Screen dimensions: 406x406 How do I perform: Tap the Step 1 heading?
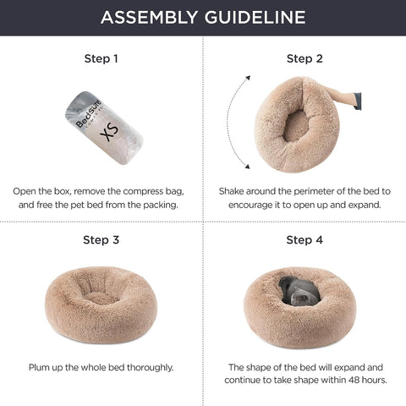coord(101,59)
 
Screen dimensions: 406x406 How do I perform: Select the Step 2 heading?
coord(304,59)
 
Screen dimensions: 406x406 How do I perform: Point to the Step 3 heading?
coord(101,240)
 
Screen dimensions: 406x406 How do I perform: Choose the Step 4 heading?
coord(304,240)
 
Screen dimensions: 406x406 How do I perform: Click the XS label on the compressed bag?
coord(107,134)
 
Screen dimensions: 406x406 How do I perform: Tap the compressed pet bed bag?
coord(103,127)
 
